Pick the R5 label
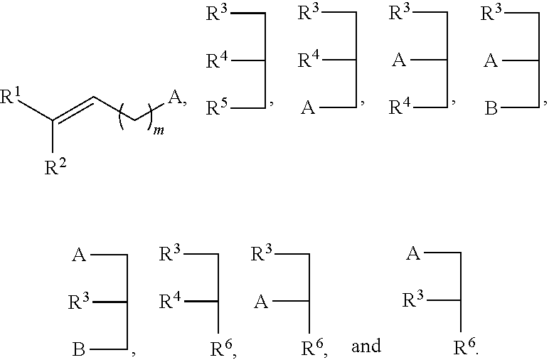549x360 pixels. coord(217,108)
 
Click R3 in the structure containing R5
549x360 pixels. coord(217,14)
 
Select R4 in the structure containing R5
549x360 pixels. coord(217,60)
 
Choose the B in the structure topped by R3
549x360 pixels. coord(491,108)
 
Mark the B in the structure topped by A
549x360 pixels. coord(80,349)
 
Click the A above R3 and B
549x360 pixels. coord(80,255)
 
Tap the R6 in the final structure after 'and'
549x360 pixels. coord(465,349)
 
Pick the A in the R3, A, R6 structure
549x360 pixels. coord(261,302)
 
